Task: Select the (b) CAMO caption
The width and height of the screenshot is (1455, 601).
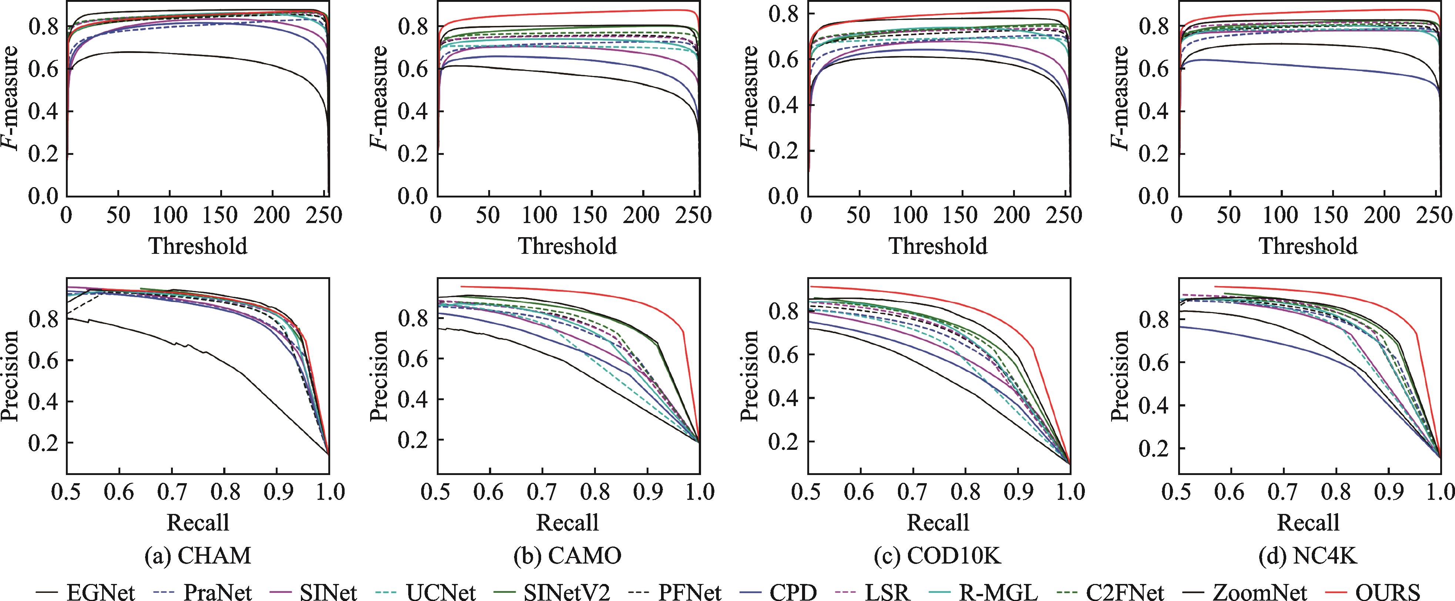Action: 568,556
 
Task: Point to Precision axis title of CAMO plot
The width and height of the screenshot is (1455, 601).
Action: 379,376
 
